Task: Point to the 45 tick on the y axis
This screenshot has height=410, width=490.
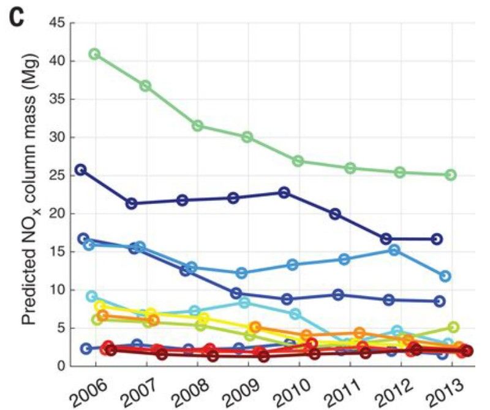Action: coord(59,23)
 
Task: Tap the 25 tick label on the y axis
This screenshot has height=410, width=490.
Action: coord(59,175)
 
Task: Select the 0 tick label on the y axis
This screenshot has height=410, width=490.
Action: coord(62,366)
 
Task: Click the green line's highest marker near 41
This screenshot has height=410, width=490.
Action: coord(94,54)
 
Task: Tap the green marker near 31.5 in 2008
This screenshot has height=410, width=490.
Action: coord(197,126)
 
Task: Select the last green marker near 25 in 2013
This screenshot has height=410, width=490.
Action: coord(451,175)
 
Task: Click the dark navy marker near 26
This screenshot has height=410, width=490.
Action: coord(80,170)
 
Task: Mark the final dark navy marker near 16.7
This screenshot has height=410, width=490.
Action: coord(437,239)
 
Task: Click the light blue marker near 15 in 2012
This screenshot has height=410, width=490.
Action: coord(394,249)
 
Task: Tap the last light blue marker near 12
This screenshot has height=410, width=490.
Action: coord(445,276)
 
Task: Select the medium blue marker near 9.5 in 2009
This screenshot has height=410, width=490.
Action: coord(236,294)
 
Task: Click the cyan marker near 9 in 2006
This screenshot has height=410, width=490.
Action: coord(92,296)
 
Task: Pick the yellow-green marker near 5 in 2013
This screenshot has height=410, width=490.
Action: coord(453,327)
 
